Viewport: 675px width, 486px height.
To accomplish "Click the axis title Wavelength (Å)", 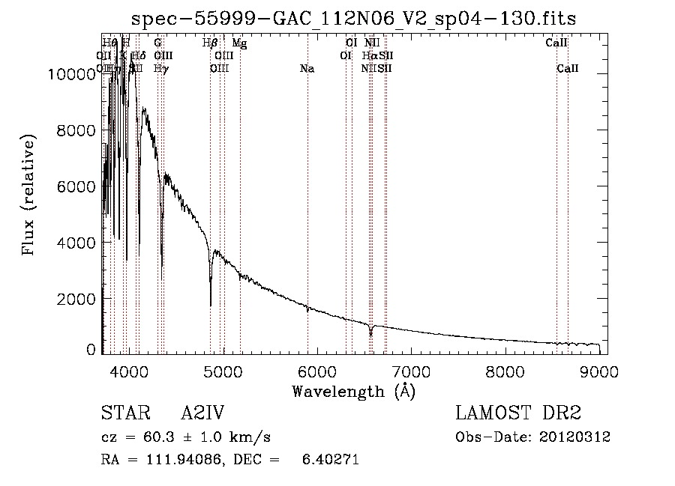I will coord(353,391).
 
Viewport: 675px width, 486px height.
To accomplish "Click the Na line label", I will coord(307,69).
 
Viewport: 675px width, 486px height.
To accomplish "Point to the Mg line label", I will coord(239,43).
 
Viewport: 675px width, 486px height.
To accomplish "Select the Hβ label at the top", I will coord(210,43).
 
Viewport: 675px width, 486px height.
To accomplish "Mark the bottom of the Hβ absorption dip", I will coord(210,304).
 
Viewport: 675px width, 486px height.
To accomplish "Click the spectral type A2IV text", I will coord(202,413).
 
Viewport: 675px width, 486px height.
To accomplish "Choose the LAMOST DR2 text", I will coord(518,413).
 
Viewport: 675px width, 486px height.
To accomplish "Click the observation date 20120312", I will coord(574,437).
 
